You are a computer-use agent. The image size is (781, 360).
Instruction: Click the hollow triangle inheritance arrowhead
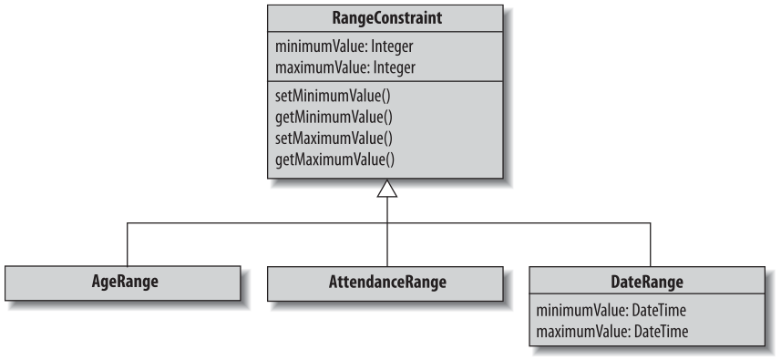click(388, 190)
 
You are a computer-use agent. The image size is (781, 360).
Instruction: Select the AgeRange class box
click(123, 282)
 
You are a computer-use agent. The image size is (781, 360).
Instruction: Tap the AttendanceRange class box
click(387, 282)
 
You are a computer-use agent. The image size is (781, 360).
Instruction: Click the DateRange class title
click(649, 282)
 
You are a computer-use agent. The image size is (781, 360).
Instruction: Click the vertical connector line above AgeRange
click(126, 244)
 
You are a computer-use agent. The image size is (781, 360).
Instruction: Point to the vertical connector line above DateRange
click(650, 244)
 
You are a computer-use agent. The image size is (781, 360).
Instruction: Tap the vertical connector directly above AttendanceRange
click(388, 244)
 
